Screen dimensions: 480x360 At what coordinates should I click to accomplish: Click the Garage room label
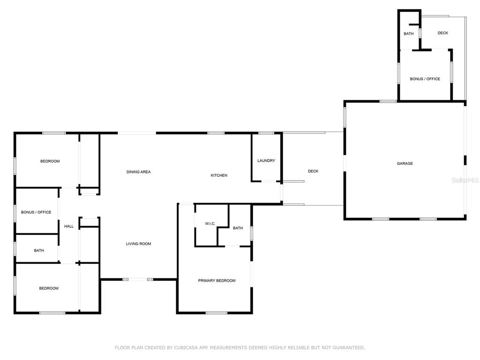pyautogui.click(x=405, y=164)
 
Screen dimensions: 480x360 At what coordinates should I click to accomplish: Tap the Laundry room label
pyautogui.click(x=266, y=160)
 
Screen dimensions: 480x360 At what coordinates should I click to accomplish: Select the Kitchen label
pyautogui.click(x=219, y=175)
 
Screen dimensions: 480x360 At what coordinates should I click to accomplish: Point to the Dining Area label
pyautogui.click(x=138, y=172)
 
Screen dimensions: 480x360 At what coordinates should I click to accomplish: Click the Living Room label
pyautogui.click(x=138, y=244)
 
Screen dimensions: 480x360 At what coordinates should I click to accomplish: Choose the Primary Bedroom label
pyautogui.click(x=217, y=280)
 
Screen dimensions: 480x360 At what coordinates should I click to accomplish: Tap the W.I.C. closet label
pyautogui.click(x=210, y=224)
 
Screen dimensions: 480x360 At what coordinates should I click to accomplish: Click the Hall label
pyautogui.click(x=69, y=226)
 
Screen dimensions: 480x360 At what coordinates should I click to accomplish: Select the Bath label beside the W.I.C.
pyautogui.click(x=238, y=228)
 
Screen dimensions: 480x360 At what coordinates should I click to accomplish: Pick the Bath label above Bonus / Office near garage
pyautogui.click(x=408, y=34)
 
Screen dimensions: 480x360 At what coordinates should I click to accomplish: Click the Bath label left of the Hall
pyautogui.click(x=39, y=250)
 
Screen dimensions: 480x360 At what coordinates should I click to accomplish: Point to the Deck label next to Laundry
pyautogui.click(x=313, y=171)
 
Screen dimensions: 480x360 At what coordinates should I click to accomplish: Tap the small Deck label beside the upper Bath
pyautogui.click(x=442, y=33)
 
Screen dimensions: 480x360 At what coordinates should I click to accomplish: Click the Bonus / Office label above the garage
pyautogui.click(x=425, y=79)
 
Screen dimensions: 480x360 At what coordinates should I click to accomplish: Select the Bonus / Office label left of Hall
pyautogui.click(x=36, y=212)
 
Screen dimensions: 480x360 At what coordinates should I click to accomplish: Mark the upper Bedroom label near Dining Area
pyautogui.click(x=50, y=161)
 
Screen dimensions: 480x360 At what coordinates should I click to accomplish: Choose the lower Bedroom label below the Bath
pyautogui.click(x=49, y=288)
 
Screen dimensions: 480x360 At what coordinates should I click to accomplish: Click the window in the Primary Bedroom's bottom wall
pyautogui.click(x=217, y=313)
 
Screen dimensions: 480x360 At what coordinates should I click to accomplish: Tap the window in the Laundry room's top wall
pyautogui.click(x=266, y=133)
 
